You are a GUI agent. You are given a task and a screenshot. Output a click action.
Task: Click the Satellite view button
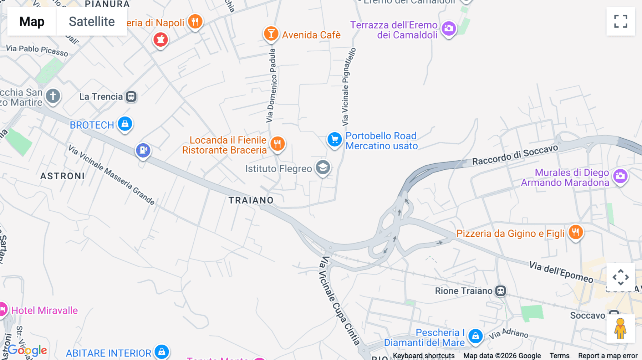(92, 22)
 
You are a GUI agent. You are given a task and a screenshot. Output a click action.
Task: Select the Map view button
(32, 22)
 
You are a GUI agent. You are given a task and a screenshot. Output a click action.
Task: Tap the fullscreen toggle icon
(621, 21)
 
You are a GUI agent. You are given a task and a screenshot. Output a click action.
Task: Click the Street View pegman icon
(620, 329)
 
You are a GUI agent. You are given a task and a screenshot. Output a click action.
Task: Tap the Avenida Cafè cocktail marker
(271, 34)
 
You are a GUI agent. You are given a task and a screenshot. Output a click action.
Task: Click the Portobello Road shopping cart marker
(335, 140)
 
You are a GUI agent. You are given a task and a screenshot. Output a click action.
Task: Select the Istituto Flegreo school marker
(323, 168)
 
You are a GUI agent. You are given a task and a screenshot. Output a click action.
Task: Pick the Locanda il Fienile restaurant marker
(277, 144)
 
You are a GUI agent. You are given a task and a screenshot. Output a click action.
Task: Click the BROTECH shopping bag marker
(125, 124)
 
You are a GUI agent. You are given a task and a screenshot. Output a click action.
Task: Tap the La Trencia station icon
(131, 97)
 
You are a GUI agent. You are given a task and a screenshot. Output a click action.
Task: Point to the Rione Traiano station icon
(500, 291)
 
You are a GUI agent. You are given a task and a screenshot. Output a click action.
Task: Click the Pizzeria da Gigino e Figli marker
(575, 233)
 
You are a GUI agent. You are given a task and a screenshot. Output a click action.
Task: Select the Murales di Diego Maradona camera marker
(620, 176)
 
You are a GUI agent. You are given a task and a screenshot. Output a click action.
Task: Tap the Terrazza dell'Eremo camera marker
(449, 29)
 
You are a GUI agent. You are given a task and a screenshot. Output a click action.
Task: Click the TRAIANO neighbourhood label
(251, 200)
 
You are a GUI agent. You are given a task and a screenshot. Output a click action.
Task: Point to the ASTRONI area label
(62, 176)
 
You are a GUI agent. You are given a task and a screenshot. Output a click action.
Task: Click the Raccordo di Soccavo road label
(515, 155)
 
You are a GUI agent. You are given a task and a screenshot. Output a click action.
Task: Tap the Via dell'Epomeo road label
(561, 272)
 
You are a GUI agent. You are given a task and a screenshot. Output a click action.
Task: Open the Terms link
(559, 356)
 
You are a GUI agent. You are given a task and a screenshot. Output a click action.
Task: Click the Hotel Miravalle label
(45, 310)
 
